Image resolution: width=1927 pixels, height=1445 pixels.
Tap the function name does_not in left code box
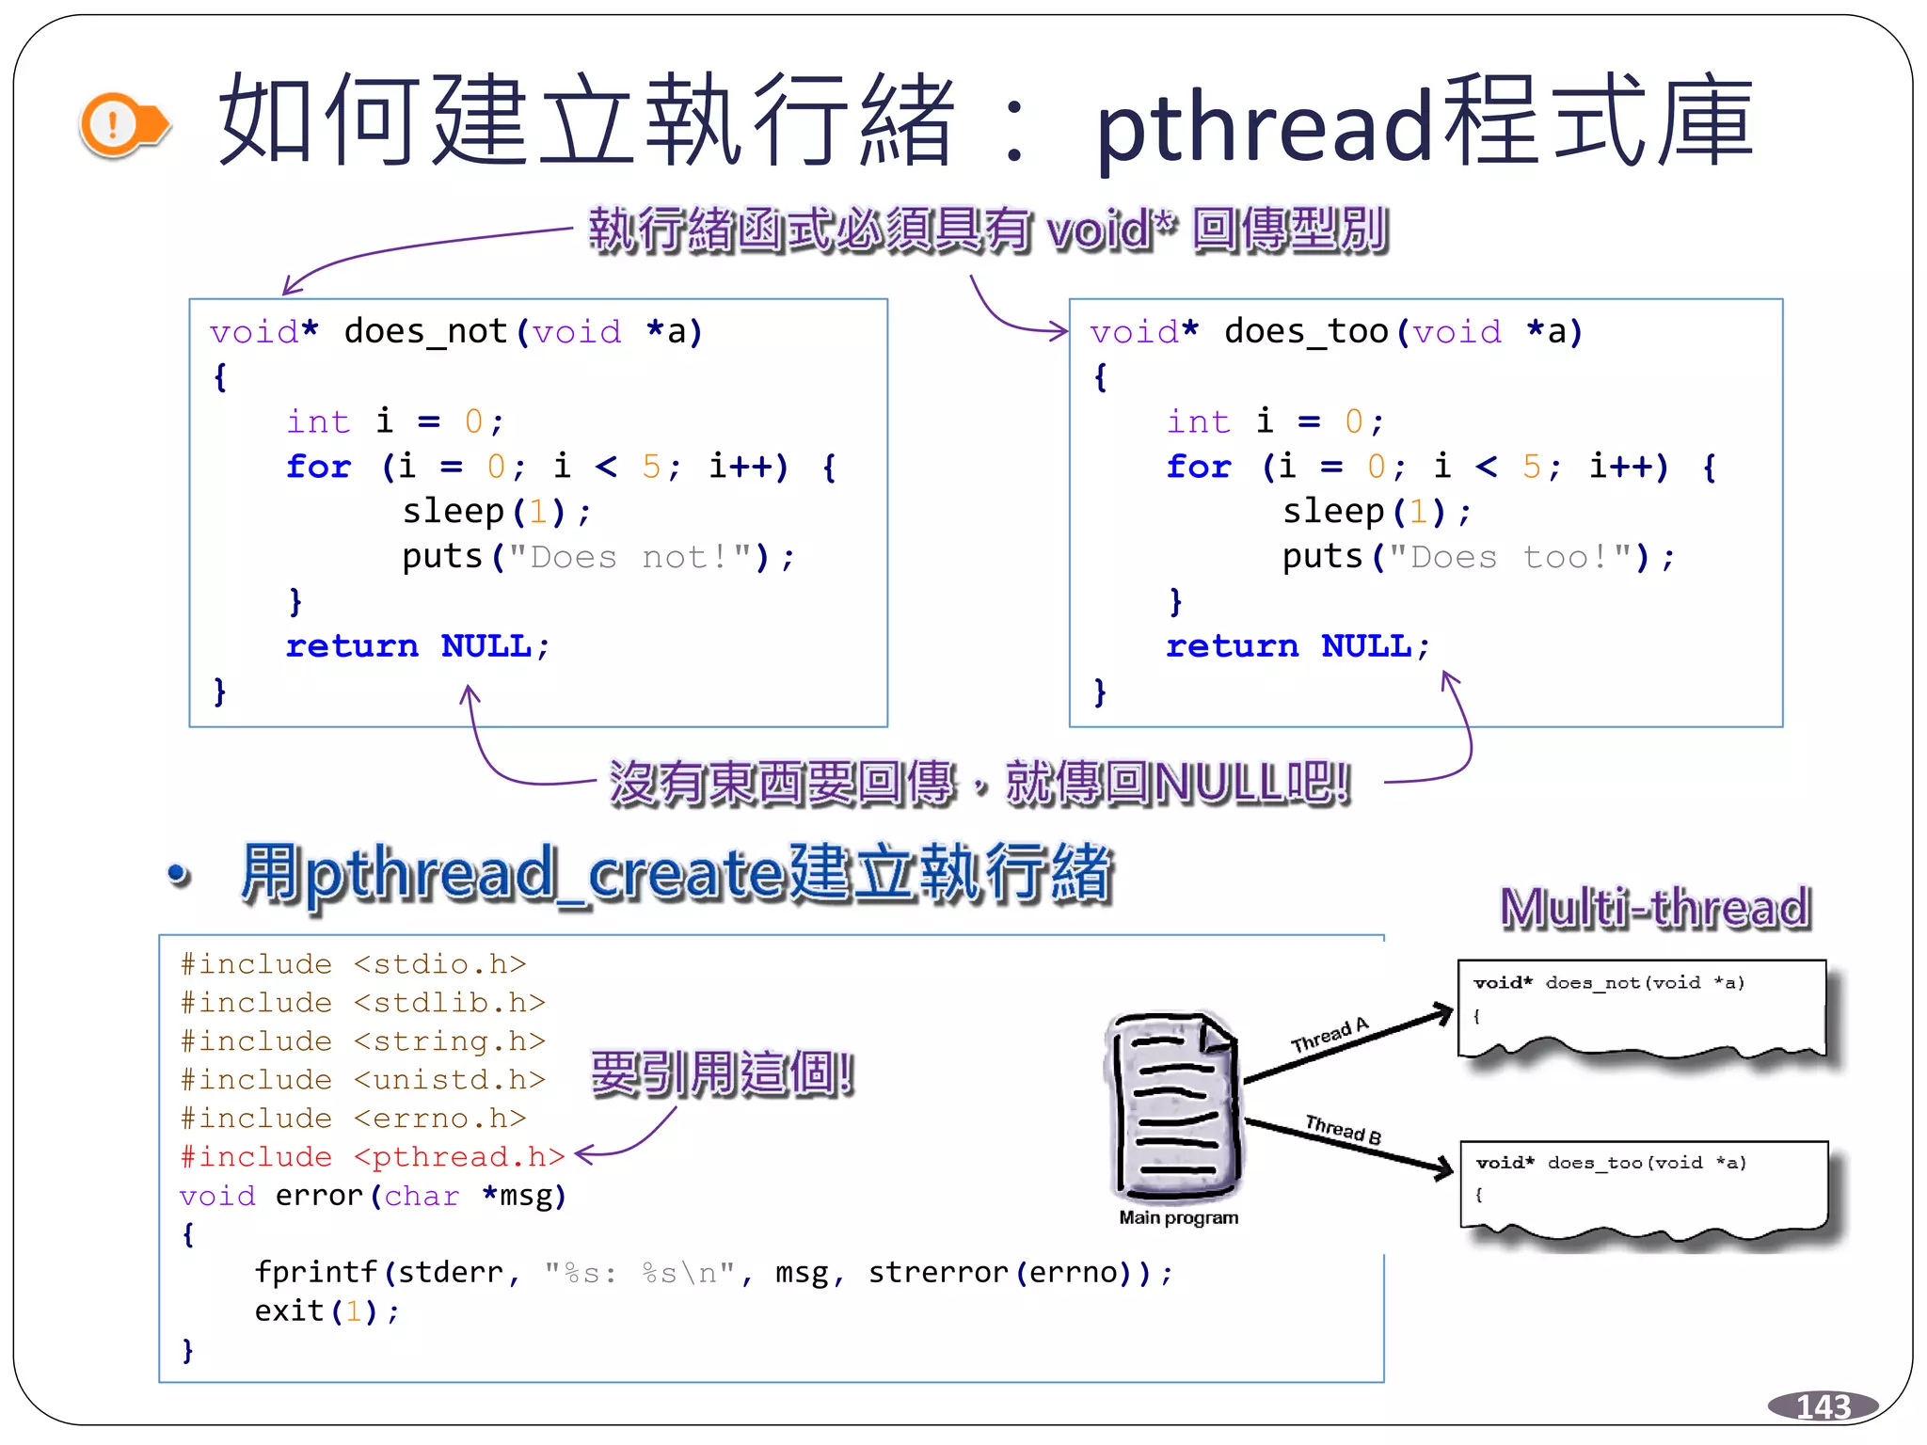[425, 332]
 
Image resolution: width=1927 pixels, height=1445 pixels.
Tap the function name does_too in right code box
[1306, 332]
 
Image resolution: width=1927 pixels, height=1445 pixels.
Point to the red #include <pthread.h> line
[373, 1156]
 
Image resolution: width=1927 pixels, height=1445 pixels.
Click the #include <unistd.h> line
[362, 1079]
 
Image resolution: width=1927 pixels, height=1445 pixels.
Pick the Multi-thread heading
[1654, 908]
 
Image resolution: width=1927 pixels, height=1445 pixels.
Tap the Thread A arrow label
[1330, 1036]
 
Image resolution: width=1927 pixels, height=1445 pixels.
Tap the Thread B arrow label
[1343, 1128]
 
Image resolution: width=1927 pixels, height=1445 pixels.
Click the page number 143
[1823, 1406]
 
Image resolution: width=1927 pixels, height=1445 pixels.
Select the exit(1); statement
[326, 1310]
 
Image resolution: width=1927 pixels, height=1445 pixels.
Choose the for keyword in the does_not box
[318, 467]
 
